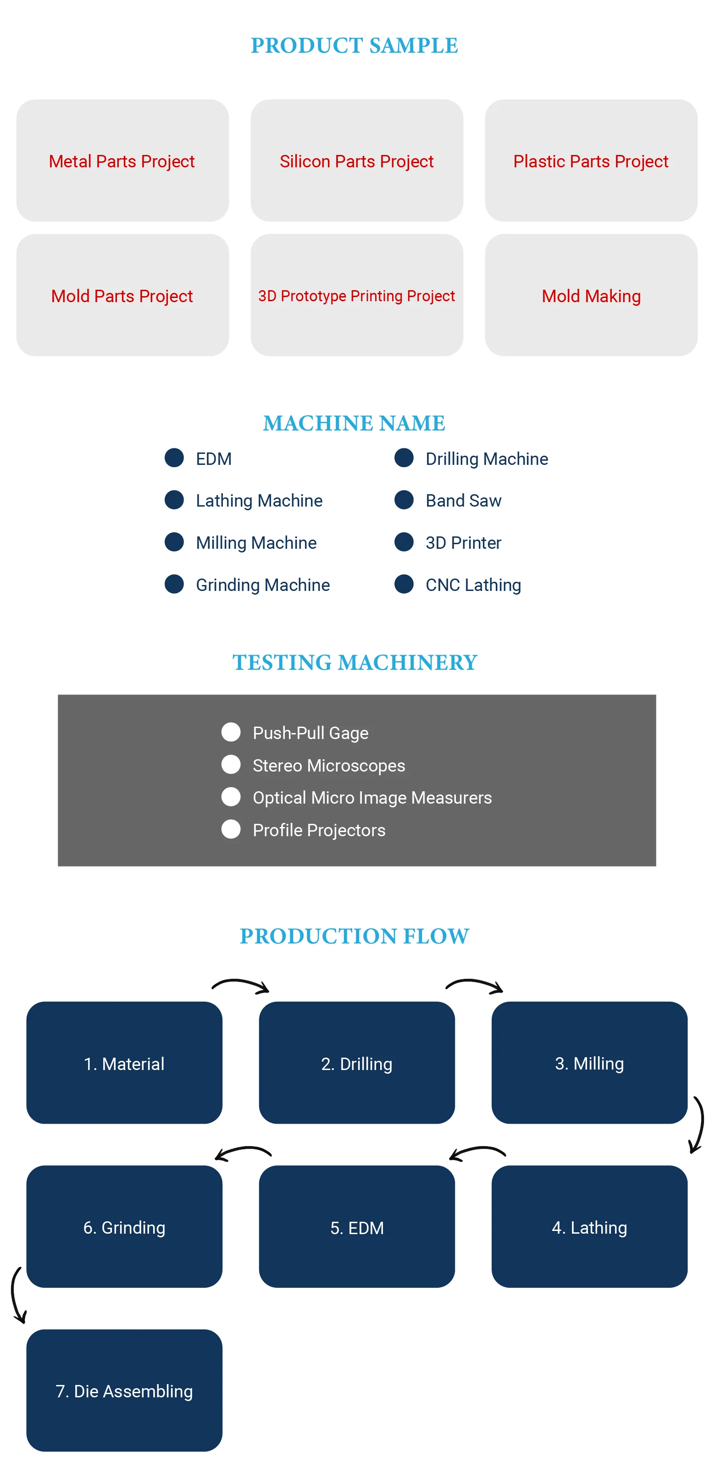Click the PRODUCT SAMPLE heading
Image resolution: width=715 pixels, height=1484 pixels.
tap(355, 45)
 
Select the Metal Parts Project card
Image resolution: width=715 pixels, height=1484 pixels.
tap(122, 161)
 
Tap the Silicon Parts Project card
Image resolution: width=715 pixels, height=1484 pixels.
tap(357, 161)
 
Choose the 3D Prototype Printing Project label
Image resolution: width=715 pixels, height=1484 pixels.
tap(357, 296)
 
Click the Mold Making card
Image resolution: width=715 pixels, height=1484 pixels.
tap(591, 296)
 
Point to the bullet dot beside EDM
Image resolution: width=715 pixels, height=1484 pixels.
tap(174, 458)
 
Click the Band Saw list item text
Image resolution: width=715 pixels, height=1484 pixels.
tap(463, 501)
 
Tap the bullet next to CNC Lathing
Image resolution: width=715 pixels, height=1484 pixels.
tap(404, 584)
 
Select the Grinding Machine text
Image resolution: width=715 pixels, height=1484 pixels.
tap(263, 585)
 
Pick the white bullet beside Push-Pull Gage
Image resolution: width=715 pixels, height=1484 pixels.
tap(231, 732)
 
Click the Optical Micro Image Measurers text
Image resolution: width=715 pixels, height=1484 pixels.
tap(372, 797)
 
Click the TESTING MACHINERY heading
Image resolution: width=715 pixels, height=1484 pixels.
tap(355, 662)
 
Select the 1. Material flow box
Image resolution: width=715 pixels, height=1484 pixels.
tap(124, 1063)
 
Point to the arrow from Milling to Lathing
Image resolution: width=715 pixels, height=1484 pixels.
tap(698, 1125)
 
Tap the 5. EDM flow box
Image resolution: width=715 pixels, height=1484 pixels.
tap(357, 1227)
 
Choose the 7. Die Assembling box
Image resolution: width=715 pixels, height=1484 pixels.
tap(124, 1390)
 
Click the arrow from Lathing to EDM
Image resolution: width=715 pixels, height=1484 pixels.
tap(477, 1153)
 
